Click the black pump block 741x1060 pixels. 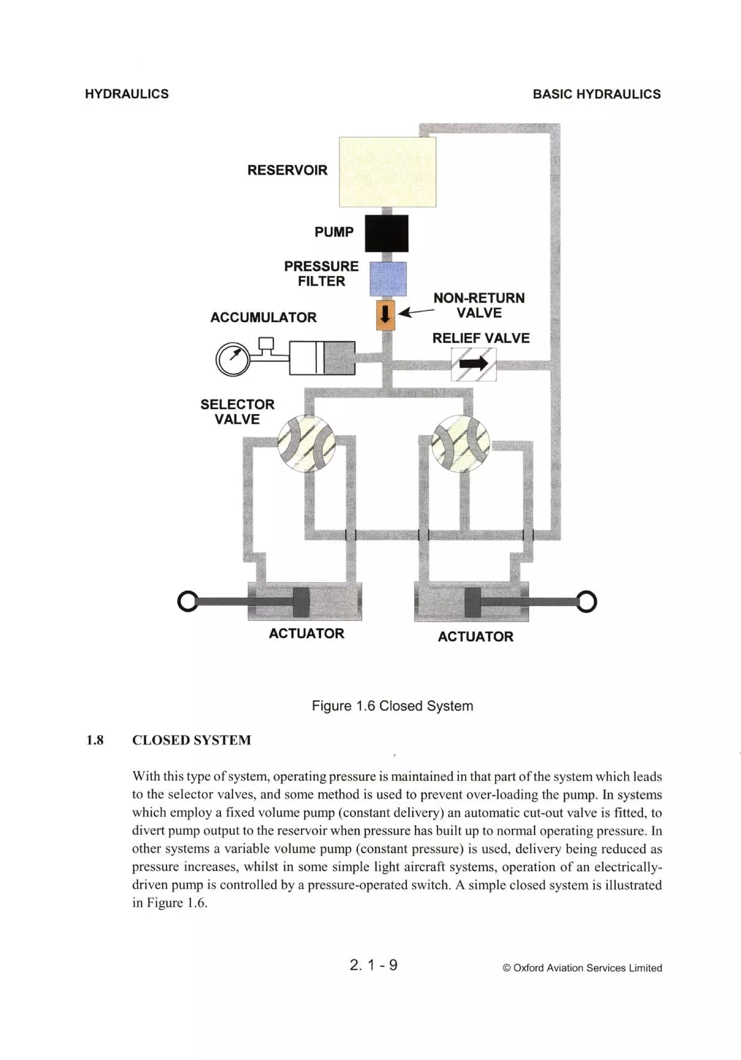click(386, 233)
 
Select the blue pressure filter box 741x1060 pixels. click(388, 278)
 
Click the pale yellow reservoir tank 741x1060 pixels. click(387, 172)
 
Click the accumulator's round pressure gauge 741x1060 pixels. click(232, 359)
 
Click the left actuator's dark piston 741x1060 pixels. click(301, 602)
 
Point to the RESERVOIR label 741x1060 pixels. click(287, 170)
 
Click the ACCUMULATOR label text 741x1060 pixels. click(263, 318)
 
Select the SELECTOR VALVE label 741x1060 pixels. click(237, 412)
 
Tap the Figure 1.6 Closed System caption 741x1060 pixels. click(392, 706)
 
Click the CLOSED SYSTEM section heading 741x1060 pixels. click(191, 740)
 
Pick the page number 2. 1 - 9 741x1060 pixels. click(373, 965)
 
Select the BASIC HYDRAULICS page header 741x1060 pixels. click(596, 94)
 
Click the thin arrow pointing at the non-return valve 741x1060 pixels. click(416, 313)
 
